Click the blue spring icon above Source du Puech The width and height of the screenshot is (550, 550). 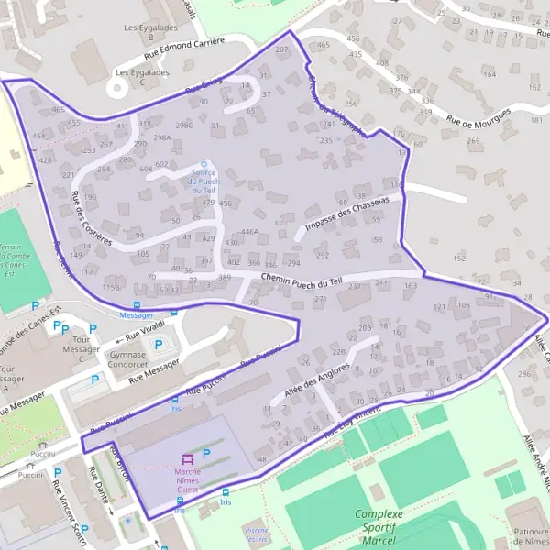[x=203, y=164]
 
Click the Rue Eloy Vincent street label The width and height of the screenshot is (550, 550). [x=352, y=425]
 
